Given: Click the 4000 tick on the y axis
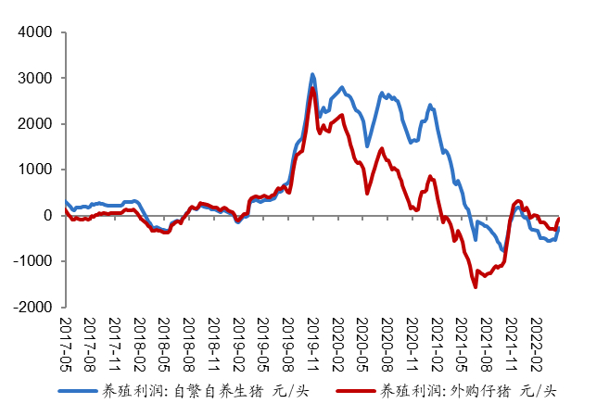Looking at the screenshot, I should coord(37,32).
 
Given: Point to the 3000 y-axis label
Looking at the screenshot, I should coord(37,78).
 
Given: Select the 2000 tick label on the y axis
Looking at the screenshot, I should coord(37,123).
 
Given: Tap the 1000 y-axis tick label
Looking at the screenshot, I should coord(37,170).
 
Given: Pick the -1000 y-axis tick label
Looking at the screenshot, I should coord(34,260).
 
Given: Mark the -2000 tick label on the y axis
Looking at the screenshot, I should coord(34,306).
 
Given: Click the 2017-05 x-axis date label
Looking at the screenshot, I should coord(66,342).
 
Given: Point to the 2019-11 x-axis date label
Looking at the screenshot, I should coord(313,342).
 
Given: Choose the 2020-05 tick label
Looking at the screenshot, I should coord(362,342).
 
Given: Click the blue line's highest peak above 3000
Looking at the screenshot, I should coord(312,74).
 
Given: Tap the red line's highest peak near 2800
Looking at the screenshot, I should coord(312,88).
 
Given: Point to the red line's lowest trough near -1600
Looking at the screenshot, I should coord(476,286).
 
